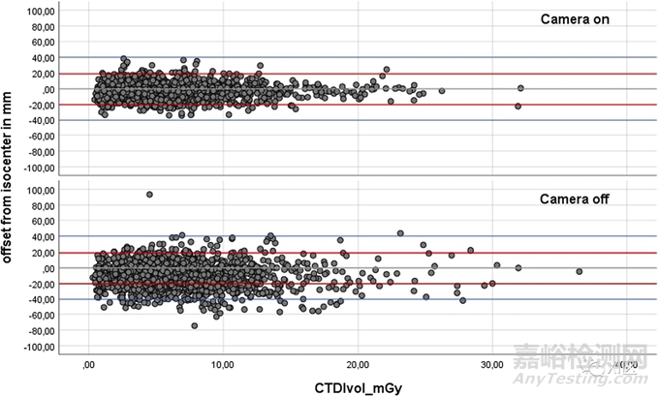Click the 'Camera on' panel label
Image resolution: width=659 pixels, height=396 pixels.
coord(576,19)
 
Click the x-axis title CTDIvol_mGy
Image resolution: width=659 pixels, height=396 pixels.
coord(358,386)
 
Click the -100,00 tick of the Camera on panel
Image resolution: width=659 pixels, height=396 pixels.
coord(39,168)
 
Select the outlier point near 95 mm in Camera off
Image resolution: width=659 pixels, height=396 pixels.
coord(149,195)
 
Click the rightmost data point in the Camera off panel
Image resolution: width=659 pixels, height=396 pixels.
coord(579,271)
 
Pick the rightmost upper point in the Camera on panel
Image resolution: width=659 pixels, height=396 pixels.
coord(520,88)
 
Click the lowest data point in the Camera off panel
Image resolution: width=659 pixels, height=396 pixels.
coord(195,326)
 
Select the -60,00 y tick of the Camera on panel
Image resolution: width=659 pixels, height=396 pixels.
coord(41,137)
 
